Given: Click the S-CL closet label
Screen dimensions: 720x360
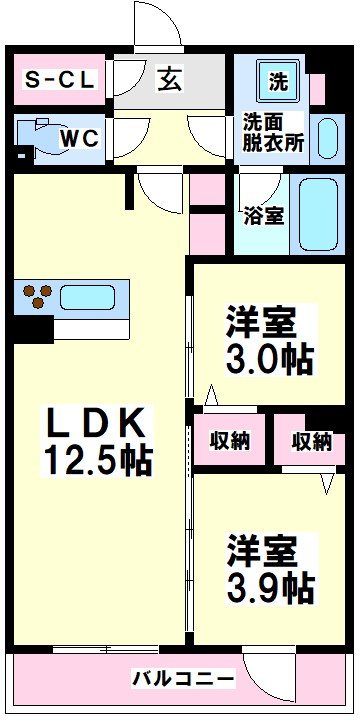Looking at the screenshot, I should (59, 82).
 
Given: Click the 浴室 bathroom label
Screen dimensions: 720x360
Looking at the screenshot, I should (263, 214).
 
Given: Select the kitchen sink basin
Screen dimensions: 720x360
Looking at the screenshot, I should (90, 297).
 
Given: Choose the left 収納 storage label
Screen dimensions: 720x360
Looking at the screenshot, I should (229, 440).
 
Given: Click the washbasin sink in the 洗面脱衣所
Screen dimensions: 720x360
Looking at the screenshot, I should (325, 140).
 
